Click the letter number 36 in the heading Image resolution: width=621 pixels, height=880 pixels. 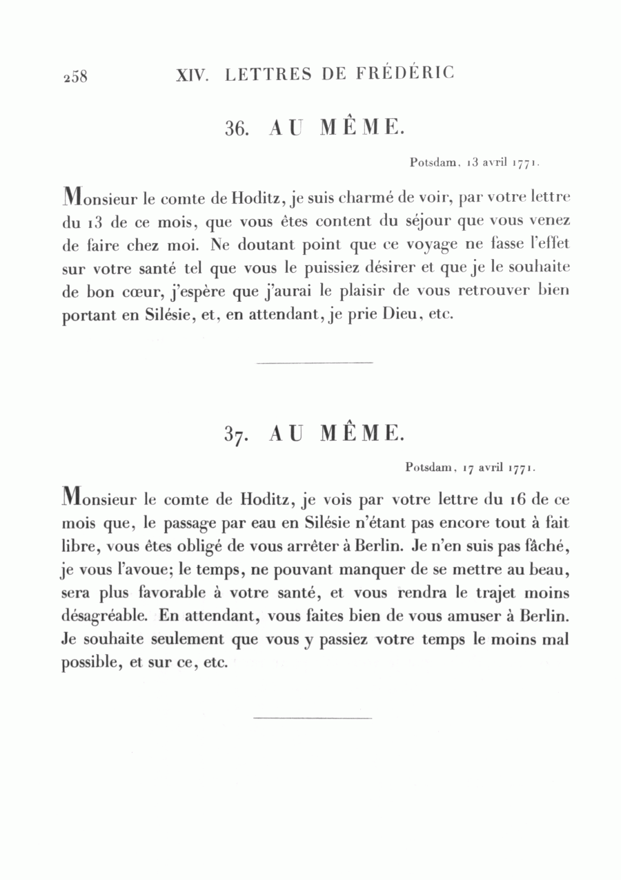pyautogui.click(x=237, y=128)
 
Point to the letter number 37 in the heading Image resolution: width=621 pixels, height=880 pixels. pyautogui.click(x=236, y=434)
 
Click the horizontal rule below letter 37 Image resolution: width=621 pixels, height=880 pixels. pyautogui.click(x=313, y=718)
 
